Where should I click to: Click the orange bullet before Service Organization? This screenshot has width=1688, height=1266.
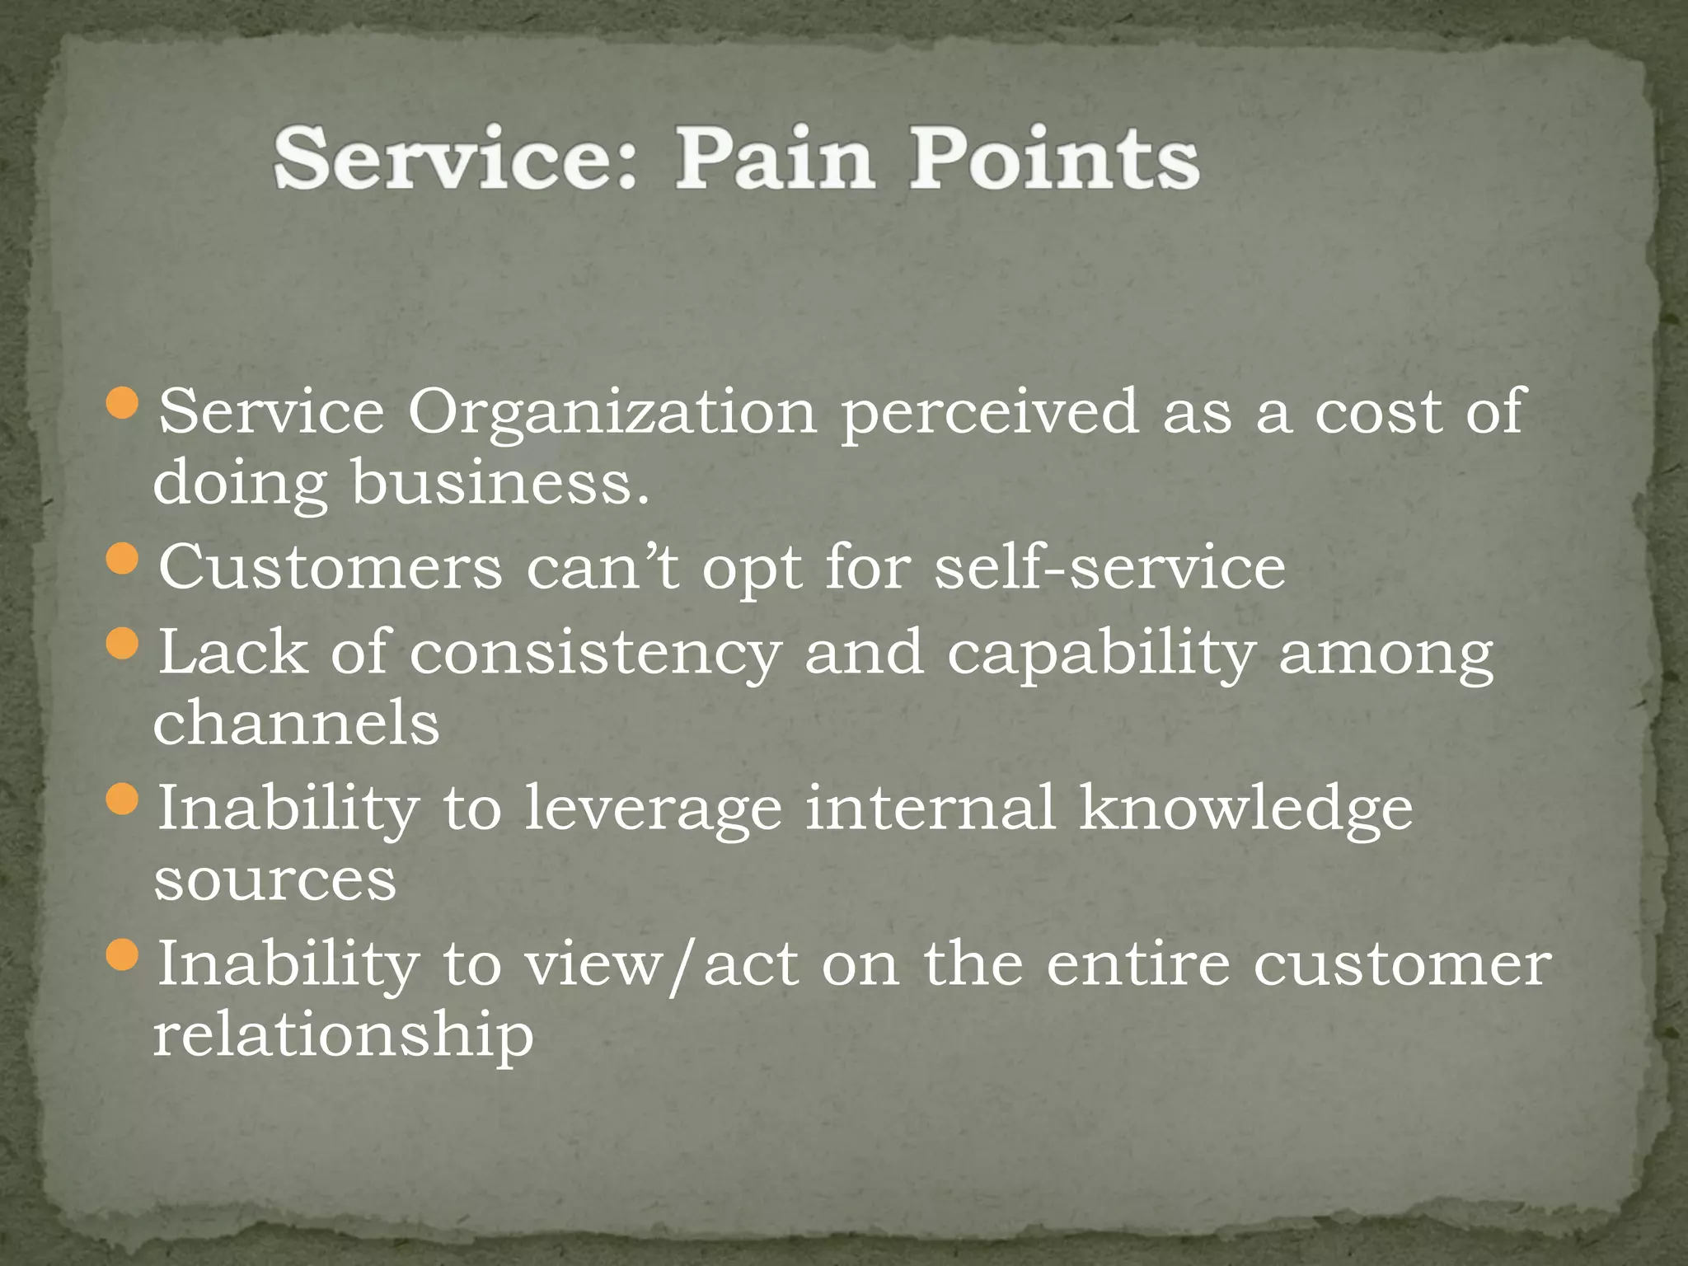point(123,403)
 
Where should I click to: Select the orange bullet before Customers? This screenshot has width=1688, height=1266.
point(123,560)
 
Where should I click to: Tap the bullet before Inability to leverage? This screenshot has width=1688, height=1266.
point(123,799)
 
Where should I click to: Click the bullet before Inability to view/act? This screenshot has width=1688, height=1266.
point(123,955)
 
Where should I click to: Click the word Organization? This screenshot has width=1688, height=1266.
point(612,412)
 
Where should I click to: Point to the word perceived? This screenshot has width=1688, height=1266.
point(990,412)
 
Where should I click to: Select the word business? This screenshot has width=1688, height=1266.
point(500,483)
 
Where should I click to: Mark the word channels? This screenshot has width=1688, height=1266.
point(296,722)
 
